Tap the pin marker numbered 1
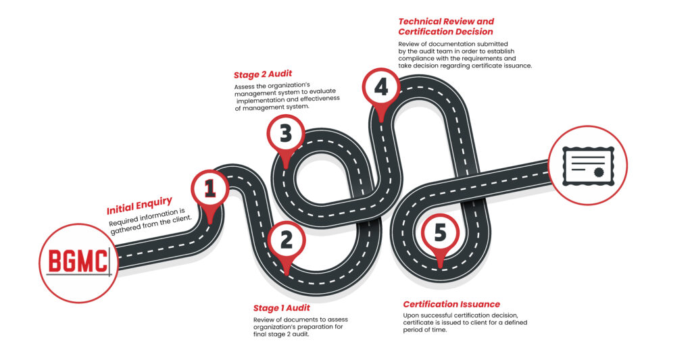point(210,190)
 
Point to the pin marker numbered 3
point(286,134)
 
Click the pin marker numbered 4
point(381,87)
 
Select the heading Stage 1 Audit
point(281,308)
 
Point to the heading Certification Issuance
point(451,304)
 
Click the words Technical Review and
point(446,21)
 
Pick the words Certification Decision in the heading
point(445,32)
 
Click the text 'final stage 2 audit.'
point(281,335)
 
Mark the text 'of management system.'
point(272,107)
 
